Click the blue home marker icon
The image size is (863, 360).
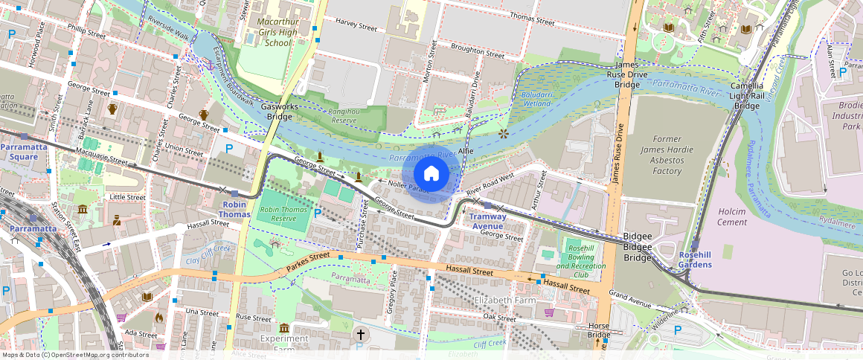pyautogui.click(x=431, y=174)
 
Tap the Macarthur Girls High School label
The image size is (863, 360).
pyautogui.click(x=277, y=32)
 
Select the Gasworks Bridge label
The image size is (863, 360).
pyautogui.click(x=280, y=112)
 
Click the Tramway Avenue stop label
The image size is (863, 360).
pyautogui.click(x=487, y=221)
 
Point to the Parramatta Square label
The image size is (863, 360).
pyautogui.click(x=24, y=152)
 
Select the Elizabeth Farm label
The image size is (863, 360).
pyautogui.click(x=505, y=300)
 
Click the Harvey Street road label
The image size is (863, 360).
pyautogui.click(x=356, y=25)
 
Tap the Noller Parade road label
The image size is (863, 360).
pyautogui.click(x=409, y=188)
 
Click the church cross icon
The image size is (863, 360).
pyautogui.click(x=360, y=334)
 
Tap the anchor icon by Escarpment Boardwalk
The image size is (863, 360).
pyautogui.click(x=210, y=66)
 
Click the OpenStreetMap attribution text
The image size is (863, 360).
pyautogui.click(x=74, y=355)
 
